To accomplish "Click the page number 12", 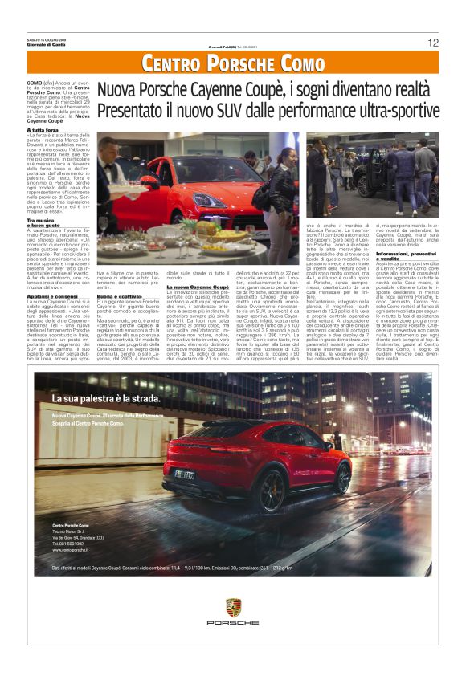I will coord(433,42).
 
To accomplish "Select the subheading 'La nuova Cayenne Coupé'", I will coord(198,286).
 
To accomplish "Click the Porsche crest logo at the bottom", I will coord(232,607).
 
